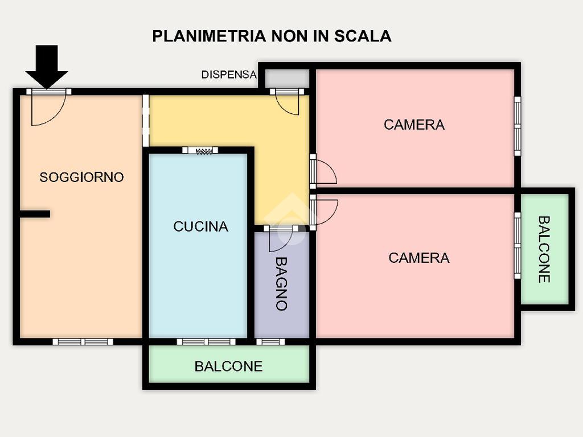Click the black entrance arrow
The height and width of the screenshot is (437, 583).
pyautogui.click(x=47, y=67)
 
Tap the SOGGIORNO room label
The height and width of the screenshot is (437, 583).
pyautogui.click(x=81, y=178)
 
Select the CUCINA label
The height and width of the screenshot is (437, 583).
pyautogui.click(x=201, y=226)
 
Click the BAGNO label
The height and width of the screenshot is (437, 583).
pyautogui.click(x=281, y=283)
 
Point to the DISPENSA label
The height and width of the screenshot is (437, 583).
pyautogui.click(x=229, y=75)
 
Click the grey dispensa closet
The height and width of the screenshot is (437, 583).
pyautogui.click(x=287, y=79)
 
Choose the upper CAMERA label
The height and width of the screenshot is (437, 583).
pyautogui.click(x=414, y=125)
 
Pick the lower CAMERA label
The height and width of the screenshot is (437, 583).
pyautogui.click(x=418, y=258)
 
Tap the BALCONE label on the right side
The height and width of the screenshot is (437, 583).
pyautogui.click(x=544, y=249)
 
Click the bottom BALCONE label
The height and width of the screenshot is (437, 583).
pyautogui.click(x=228, y=366)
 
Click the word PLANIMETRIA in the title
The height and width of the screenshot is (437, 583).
pyautogui.click(x=210, y=36)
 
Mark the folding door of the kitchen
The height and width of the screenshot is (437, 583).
pyautogui.click(x=200, y=150)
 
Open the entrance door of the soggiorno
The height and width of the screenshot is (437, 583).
pyautogui.click(x=48, y=108)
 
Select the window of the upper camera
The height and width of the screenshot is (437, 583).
pyautogui.click(x=517, y=126)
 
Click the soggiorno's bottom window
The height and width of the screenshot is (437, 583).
pyautogui.click(x=83, y=342)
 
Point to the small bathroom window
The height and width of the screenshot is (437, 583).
pyautogui.click(x=270, y=342)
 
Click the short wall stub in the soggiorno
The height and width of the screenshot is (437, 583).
pyautogui.click(x=35, y=214)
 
